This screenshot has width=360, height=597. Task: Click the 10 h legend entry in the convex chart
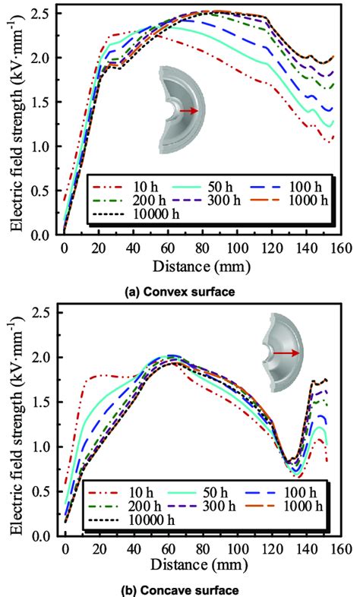point(114,185)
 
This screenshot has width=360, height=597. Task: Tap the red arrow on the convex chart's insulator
point(190,111)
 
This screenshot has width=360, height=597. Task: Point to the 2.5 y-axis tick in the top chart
point(44,14)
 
